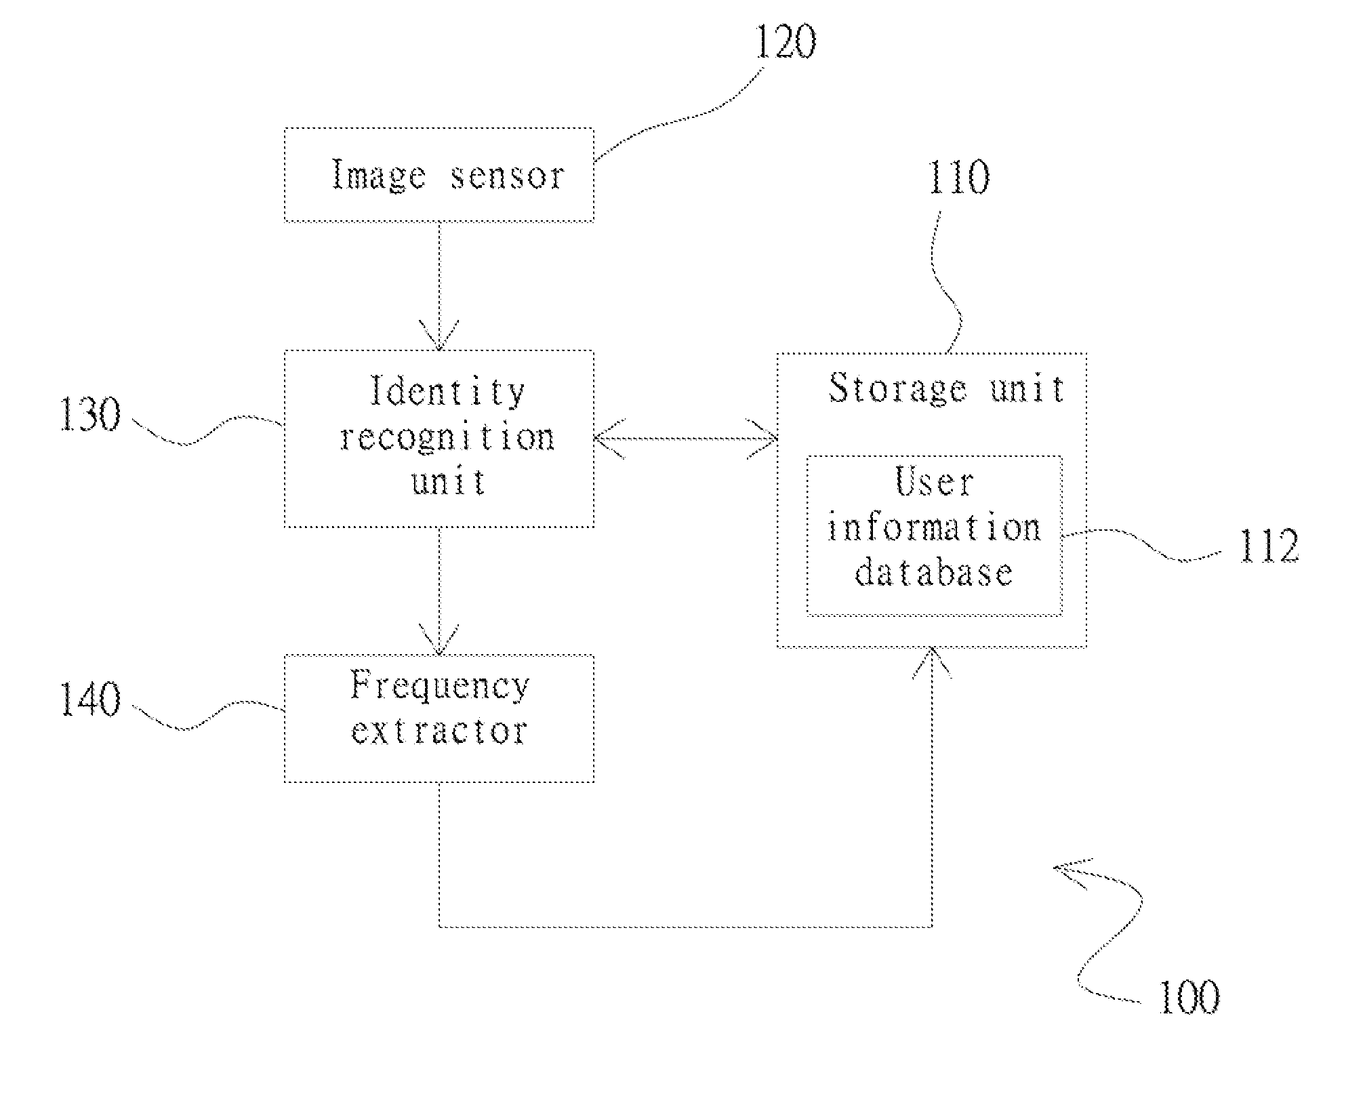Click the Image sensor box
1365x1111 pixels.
point(439,174)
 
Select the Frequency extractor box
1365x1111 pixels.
point(439,718)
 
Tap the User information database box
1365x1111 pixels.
point(934,536)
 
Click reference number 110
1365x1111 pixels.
point(958,178)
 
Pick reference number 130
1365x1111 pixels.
point(90,415)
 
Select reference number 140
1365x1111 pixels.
point(90,700)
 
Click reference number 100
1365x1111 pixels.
point(1189,998)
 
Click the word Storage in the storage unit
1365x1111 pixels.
point(897,389)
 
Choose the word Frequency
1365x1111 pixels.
point(439,686)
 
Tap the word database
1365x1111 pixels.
point(934,573)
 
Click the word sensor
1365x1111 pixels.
point(507,176)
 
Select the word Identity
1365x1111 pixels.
point(447,392)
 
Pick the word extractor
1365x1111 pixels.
point(439,731)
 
